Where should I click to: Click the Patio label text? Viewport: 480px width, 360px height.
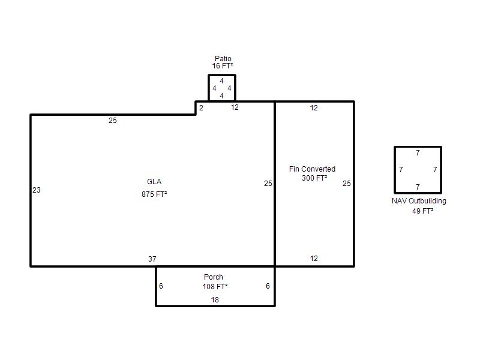223,58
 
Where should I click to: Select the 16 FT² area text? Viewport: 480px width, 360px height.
223,66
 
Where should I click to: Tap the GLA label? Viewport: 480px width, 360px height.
154,182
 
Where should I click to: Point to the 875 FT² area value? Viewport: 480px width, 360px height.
154,194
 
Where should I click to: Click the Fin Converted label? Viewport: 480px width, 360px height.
312,169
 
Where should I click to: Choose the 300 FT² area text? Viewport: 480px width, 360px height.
314,178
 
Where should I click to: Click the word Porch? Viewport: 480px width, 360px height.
214,277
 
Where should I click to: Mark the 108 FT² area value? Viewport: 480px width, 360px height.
215,287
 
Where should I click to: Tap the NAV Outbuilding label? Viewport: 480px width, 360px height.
419,201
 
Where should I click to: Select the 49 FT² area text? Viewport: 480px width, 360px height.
423,211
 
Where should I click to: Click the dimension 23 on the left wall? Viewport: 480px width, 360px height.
37,190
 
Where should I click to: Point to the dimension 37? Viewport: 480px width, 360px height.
152,259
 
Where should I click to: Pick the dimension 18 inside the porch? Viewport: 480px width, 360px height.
215,299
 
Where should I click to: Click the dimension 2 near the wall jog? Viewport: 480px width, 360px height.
201,108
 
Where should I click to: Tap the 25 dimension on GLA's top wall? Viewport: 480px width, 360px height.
113,121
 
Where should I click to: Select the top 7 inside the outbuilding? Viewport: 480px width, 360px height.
418,153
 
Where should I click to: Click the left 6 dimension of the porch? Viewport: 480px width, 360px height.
161,286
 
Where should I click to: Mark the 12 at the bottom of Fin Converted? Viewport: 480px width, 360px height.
314,259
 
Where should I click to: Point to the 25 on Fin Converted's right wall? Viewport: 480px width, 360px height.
347,184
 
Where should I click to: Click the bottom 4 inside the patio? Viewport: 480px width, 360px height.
221,96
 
